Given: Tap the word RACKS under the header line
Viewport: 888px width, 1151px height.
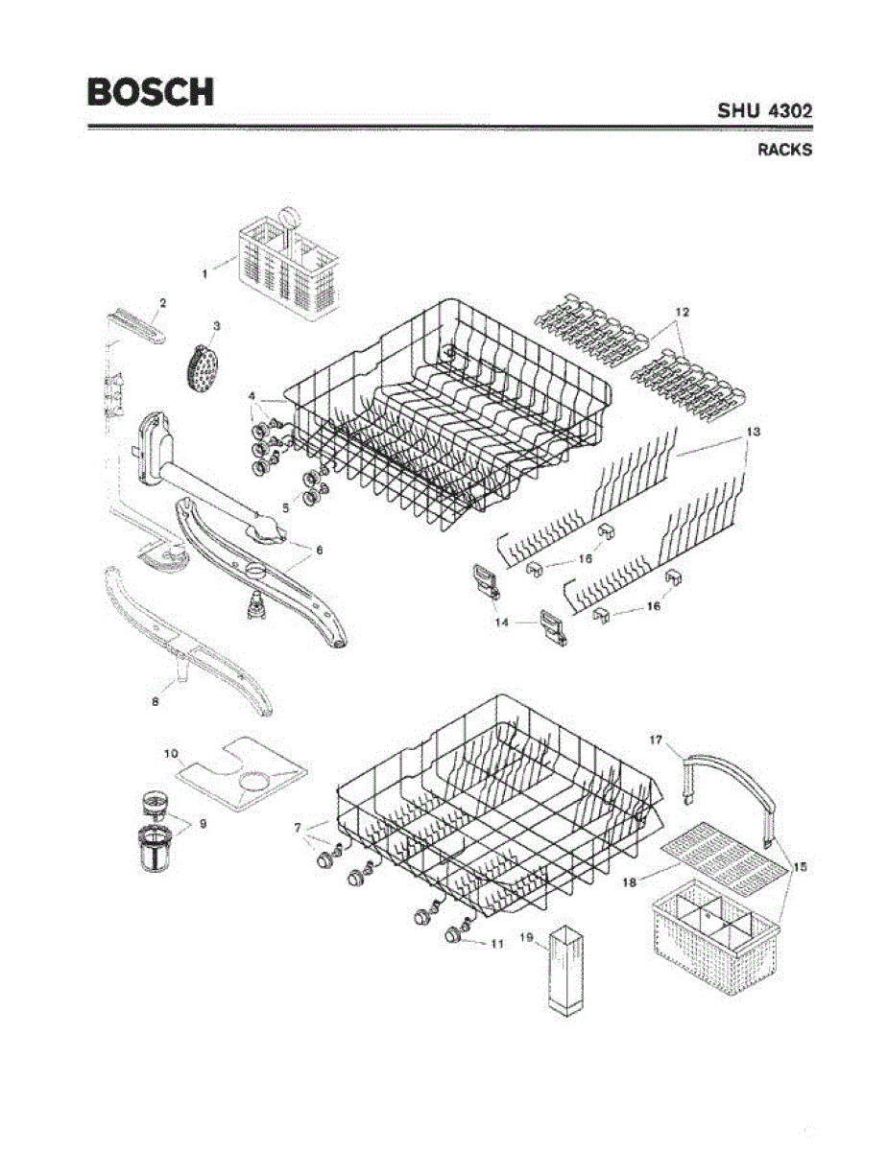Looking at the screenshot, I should pyautogui.click(x=785, y=150).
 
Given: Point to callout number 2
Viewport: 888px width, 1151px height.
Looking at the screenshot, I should pyautogui.click(x=162, y=302).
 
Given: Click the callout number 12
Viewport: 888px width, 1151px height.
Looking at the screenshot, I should pyautogui.click(x=683, y=312).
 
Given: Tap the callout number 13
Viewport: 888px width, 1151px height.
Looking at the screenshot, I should pyautogui.click(x=754, y=433).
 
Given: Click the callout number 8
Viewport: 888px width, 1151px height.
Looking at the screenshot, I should pyautogui.click(x=155, y=701).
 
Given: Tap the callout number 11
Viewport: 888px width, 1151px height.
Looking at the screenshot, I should pyautogui.click(x=496, y=944).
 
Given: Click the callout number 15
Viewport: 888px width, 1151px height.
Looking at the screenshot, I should pyautogui.click(x=800, y=867).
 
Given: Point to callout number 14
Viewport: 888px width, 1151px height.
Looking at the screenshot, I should pyautogui.click(x=500, y=622).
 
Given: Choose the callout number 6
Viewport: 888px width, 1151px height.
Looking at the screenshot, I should pyautogui.click(x=320, y=550).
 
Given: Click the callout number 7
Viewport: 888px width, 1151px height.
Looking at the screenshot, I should pyautogui.click(x=299, y=827).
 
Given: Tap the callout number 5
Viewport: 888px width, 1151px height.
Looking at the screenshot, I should pyautogui.click(x=285, y=507).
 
